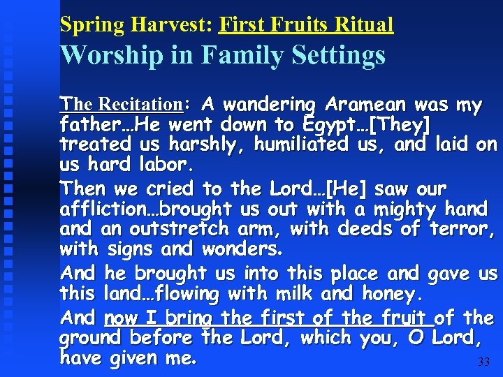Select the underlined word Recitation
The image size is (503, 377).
pos(140,105)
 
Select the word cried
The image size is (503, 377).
pos(171,189)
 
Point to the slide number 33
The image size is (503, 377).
pos(483,362)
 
